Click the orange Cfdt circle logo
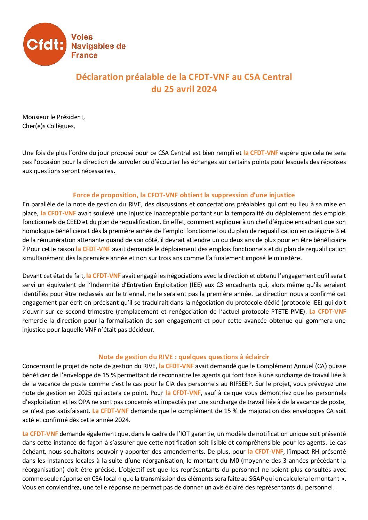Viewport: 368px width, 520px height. coord(45,44)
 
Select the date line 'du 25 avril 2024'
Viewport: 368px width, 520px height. coord(184,89)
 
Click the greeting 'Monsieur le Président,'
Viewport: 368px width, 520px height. coord(54,117)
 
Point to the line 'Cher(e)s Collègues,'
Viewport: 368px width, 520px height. coord(49,126)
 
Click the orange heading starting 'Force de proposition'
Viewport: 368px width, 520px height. coord(184,195)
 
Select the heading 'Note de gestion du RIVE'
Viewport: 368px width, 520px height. coord(184,357)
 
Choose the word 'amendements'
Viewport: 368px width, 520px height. coord(171,452)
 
